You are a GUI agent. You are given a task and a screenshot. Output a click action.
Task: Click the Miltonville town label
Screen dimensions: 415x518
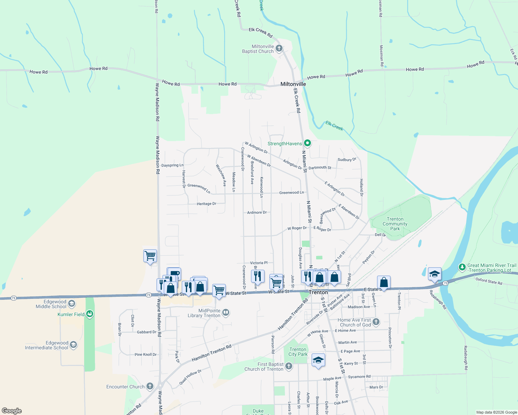[293, 84]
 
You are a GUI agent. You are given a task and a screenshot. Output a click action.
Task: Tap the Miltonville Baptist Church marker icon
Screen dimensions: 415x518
[279, 49]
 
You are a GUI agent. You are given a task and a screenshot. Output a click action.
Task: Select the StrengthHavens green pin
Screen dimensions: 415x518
[307, 143]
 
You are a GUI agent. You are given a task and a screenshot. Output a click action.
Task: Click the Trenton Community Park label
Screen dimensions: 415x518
[395, 224]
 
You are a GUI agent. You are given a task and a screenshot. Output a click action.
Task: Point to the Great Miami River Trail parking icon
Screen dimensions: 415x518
[462, 267]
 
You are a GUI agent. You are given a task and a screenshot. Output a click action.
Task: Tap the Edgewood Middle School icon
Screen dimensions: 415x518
[72, 304]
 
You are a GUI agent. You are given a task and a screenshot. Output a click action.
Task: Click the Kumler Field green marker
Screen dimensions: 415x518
[90, 314]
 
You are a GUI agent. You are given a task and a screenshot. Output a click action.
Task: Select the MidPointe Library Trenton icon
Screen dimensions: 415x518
[226, 313]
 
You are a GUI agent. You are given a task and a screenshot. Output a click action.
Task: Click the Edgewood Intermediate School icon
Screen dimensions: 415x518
[73, 345]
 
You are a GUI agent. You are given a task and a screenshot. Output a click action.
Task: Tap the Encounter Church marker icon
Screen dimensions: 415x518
[150, 386]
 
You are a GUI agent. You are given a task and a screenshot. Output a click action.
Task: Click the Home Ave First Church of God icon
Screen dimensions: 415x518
[376, 322]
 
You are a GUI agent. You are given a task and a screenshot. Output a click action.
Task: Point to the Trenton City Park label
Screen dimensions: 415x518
[298, 352]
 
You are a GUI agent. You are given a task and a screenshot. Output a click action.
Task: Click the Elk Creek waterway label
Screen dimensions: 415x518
[334, 126]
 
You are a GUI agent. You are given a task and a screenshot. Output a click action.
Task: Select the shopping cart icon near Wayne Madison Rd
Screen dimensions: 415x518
[150, 256]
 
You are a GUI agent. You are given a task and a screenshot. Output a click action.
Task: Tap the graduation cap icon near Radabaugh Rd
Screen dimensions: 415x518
[435, 274]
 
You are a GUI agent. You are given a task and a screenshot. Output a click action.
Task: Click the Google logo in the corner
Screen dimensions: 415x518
[12, 411]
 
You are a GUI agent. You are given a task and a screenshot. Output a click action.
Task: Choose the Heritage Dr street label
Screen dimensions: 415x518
[206, 204]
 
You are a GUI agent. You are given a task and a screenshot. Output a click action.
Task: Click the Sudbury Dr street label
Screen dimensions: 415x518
[347, 160]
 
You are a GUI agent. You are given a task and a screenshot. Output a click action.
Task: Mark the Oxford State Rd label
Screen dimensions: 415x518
[489, 281]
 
